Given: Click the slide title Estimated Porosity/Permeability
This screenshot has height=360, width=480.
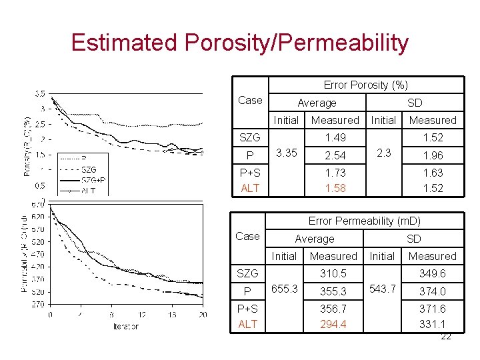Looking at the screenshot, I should pyautogui.click(x=239, y=43).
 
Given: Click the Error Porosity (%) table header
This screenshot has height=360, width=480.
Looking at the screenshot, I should pyautogui.click(x=365, y=85).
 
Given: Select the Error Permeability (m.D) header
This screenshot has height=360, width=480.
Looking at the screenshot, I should pyautogui.click(x=364, y=221).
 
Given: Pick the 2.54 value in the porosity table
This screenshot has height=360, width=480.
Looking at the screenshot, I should pyautogui.click(x=335, y=155).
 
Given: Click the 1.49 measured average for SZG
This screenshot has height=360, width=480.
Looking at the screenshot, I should pyautogui.click(x=335, y=137).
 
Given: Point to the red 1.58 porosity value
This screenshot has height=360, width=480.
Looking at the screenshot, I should pyautogui.click(x=335, y=188).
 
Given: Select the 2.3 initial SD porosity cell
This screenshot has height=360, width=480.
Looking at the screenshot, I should pyautogui.click(x=383, y=153).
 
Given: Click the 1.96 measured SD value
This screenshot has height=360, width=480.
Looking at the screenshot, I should pyautogui.click(x=432, y=155).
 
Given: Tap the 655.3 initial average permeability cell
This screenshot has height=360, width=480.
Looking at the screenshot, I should pyautogui.click(x=284, y=290).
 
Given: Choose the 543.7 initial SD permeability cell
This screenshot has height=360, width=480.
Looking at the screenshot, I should pyautogui.click(x=382, y=289).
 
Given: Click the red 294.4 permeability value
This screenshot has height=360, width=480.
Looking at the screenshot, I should pyautogui.click(x=333, y=324).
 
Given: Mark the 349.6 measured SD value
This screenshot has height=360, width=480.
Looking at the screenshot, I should pyautogui.click(x=432, y=273).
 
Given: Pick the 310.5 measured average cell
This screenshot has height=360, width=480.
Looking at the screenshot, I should pyautogui.click(x=333, y=273).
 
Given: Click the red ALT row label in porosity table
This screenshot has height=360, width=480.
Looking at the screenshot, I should pyautogui.click(x=249, y=188).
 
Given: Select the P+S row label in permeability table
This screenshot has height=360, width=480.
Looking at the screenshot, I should pyautogui.click(x=248, y=308).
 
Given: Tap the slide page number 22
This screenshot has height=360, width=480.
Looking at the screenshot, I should pyautogui.click(x=446, y=336).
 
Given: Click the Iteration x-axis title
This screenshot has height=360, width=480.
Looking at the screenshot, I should pyautogui.click(x=125, y=326).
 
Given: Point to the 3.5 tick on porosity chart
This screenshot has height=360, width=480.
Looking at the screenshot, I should pyautogui.click(x=40, y=93).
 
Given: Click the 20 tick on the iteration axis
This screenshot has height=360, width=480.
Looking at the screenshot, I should pyautogui.click(x=203, y=315).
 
